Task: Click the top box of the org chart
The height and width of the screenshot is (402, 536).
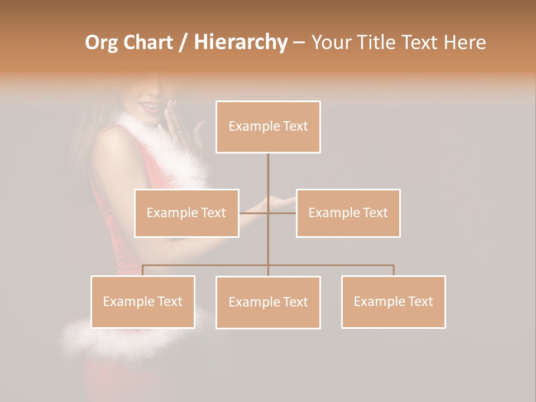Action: coord(268,127)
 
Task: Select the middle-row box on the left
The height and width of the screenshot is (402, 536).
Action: coord(186,213)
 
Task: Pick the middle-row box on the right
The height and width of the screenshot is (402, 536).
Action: coord(348,213)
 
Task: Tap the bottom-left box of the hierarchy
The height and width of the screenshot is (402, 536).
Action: coord(143,301)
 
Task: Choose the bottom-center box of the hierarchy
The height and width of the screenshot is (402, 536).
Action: coord(268,302)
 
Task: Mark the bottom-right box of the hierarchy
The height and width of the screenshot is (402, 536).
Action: coord(393,301)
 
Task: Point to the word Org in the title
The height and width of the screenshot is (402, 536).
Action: coord(102,42)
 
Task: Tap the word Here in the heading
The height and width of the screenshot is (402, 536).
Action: coord(463,42)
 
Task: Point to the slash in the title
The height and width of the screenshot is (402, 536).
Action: coord(184,42)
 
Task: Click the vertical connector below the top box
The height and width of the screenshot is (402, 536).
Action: coord(268,173)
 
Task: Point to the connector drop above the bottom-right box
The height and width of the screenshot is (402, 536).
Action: coord(394,270)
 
